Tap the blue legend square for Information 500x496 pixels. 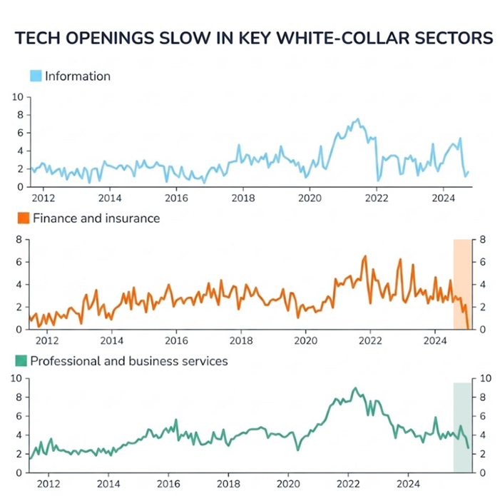36,76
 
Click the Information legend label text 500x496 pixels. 78,76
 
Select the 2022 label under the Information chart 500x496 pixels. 377,198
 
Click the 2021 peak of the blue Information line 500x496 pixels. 357,119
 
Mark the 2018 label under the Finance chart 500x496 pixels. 241,340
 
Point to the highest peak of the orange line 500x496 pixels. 365,255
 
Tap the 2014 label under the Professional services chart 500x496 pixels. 108,483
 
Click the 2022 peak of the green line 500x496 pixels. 355,388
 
